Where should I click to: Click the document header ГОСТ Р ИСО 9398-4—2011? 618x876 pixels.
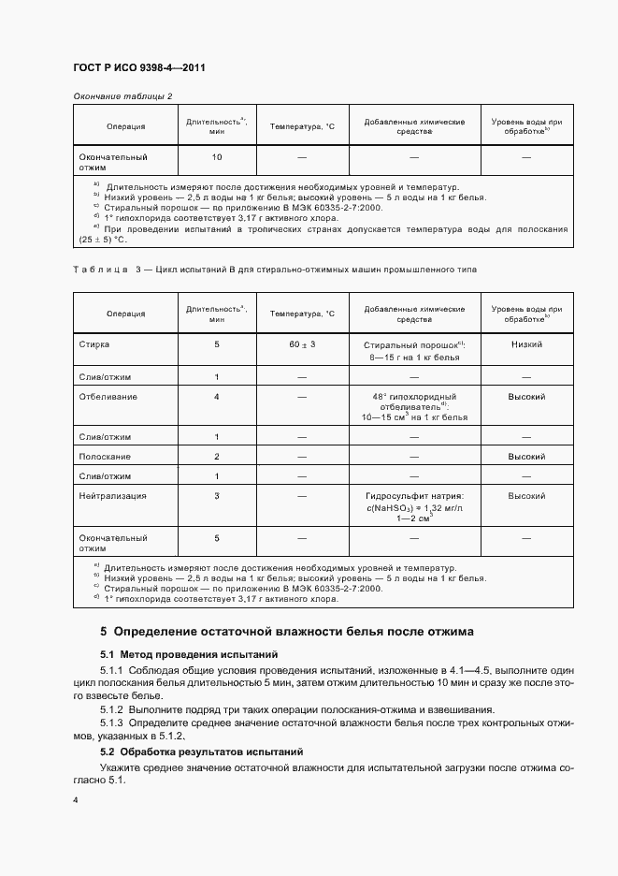point(139,67)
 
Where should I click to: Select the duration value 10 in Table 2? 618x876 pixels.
point(217,157)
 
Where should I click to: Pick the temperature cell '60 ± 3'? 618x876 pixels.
point(302,344)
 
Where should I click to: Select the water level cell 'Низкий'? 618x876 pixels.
point(526,344)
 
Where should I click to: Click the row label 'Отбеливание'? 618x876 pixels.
point(108,396)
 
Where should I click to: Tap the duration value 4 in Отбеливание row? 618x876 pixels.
point(217,396)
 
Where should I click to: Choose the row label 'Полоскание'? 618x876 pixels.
point(105,456)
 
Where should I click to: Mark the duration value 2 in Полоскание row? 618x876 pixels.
point(217,456)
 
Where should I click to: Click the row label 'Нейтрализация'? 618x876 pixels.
point(113,495)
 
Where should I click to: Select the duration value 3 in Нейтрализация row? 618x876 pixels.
point(217,495)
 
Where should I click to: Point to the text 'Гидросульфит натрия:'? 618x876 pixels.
point(415,495)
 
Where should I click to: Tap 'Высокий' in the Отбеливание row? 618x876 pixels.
point(526,396)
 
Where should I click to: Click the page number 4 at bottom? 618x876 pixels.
point(75,800)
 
